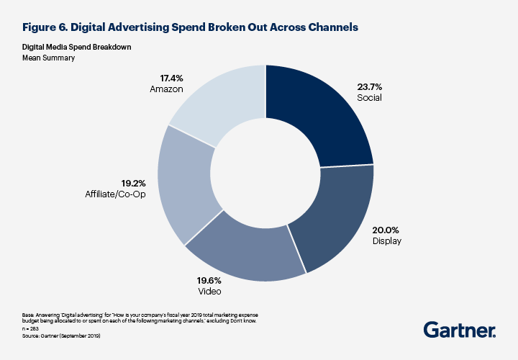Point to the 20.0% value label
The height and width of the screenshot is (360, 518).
coord(386,230)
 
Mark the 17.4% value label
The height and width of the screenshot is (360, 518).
coord(167,77)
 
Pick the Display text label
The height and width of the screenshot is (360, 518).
coord(386,241)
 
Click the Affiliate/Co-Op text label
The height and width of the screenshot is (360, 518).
coord(121,194)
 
